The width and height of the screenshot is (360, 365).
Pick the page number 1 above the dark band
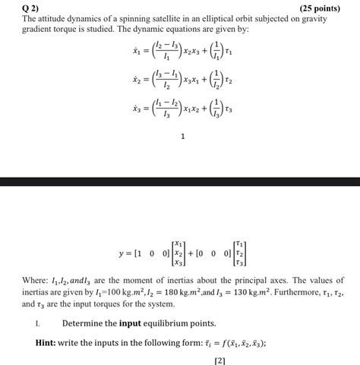[183, 137]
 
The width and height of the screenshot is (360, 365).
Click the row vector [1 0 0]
[148, 252]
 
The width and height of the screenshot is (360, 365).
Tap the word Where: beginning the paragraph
[36, 280]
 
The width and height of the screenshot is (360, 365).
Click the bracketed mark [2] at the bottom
[220, 360]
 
